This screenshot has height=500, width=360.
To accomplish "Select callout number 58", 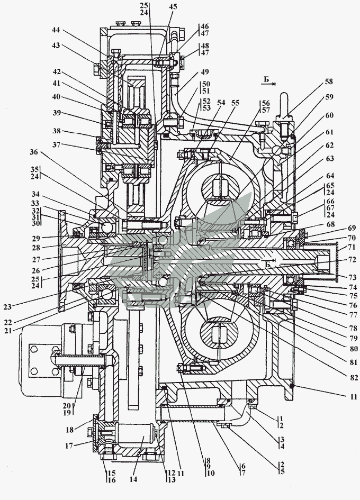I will (329, 81).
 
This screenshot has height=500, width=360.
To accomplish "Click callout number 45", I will (173, 7).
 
